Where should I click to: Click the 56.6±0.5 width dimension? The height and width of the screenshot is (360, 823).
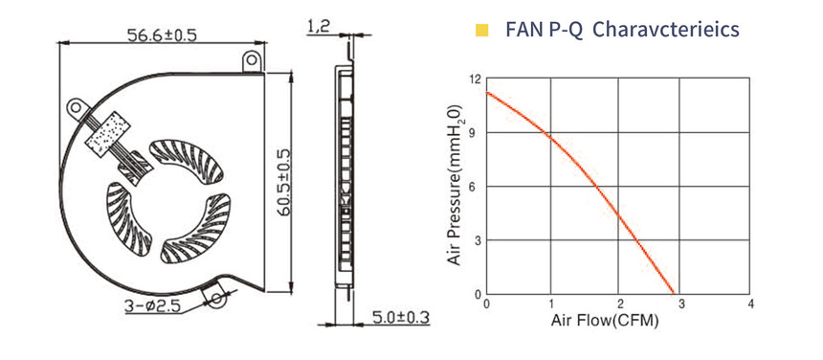[162, 35]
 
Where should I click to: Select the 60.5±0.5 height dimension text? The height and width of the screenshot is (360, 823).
[284, 183]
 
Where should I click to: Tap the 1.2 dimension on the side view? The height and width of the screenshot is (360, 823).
[318, 27]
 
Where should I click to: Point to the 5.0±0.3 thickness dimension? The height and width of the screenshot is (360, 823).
[401, 317]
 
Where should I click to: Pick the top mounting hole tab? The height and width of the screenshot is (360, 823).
[253, 59]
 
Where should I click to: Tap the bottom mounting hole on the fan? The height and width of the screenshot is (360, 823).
[216, 299]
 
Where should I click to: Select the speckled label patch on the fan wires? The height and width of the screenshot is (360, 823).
[109, 134]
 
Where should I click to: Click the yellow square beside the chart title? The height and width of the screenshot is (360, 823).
[481, 31]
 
